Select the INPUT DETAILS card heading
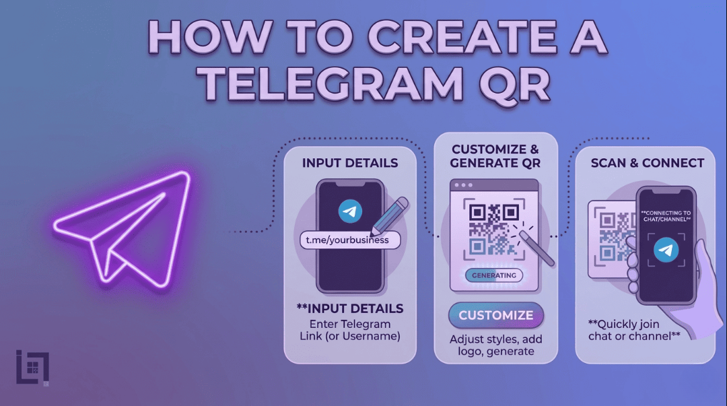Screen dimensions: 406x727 point(350,163)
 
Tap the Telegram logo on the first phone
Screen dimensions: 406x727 point(349,211)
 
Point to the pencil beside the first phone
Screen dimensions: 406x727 point(389,215)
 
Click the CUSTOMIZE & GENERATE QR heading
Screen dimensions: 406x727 point(495,156)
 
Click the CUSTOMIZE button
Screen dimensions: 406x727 point(496,315)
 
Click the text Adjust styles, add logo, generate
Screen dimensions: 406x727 point(496,345)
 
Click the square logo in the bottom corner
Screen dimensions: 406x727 point(32,368)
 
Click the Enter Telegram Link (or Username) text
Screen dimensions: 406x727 point(350,330)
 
